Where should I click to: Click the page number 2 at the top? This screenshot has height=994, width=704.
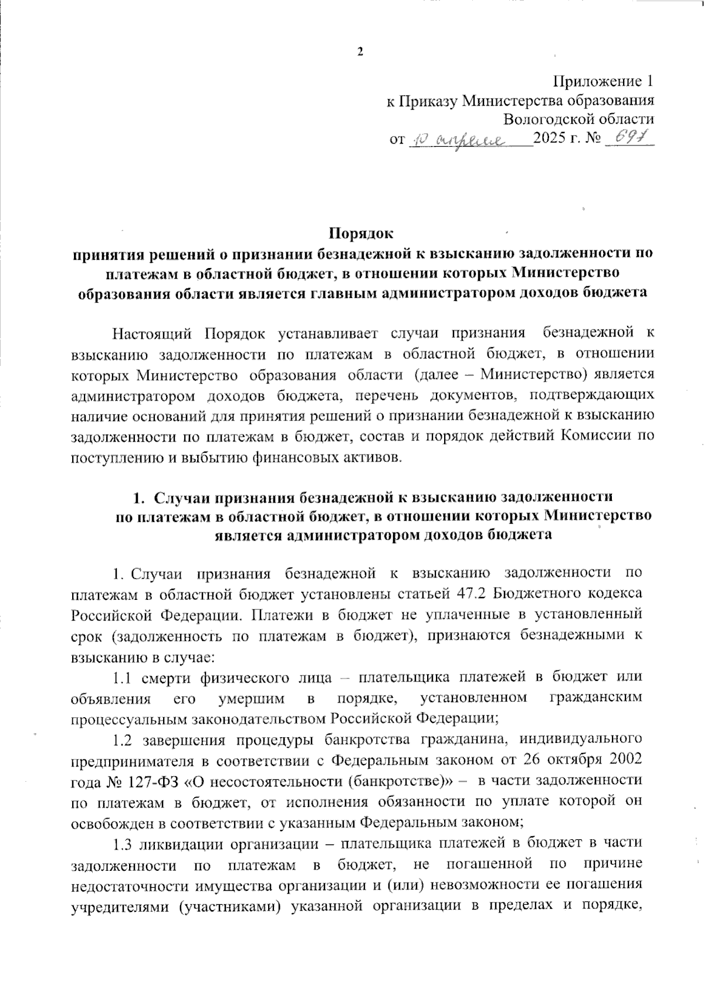360,52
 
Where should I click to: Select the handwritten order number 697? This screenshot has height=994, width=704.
626,138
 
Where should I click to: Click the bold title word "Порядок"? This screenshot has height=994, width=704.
360,233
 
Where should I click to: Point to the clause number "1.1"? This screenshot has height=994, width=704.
128,677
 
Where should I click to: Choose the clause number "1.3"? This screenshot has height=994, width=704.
128,843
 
